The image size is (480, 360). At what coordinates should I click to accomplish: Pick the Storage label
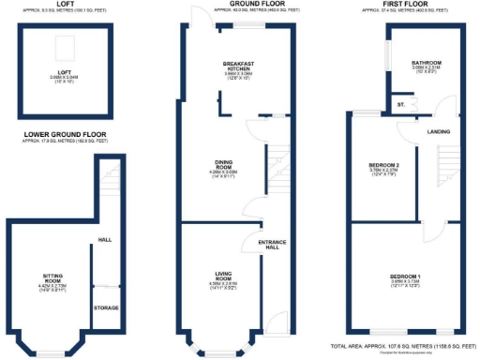coord(106,307)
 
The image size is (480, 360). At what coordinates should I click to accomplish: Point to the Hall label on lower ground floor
coord(105,239)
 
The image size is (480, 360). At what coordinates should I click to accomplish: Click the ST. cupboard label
coord(400,104)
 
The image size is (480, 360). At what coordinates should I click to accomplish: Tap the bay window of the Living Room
coord(221,348)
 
